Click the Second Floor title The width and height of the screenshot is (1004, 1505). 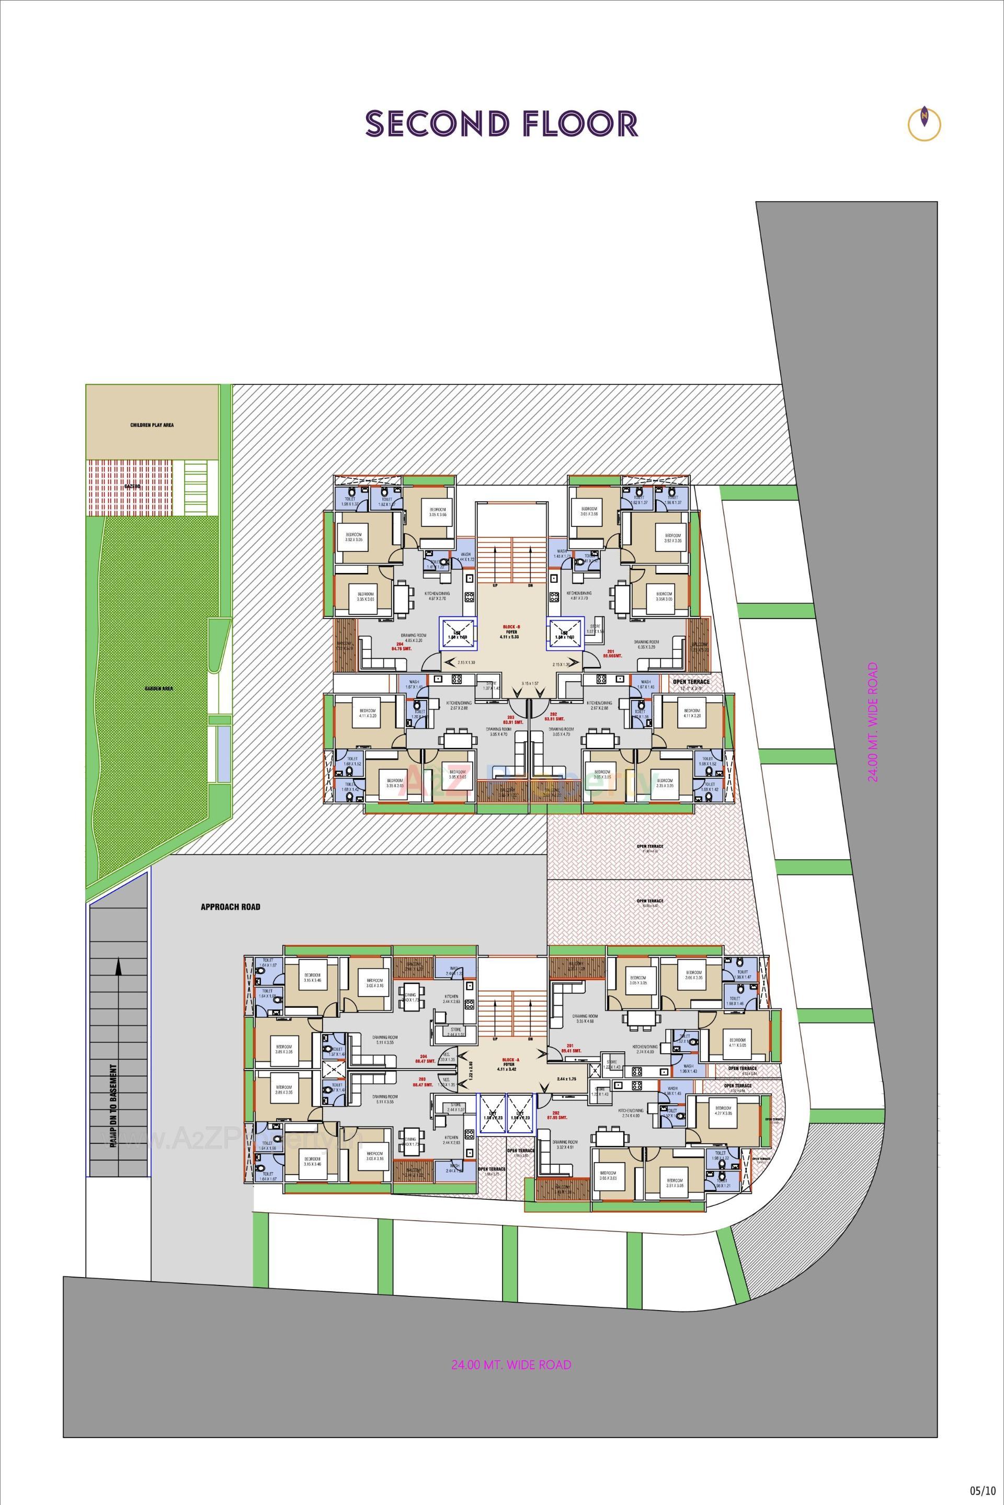click(501, 123)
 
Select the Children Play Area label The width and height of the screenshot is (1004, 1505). click(152, 425)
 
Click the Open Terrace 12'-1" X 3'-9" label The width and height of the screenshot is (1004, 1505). click(691, 685)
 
